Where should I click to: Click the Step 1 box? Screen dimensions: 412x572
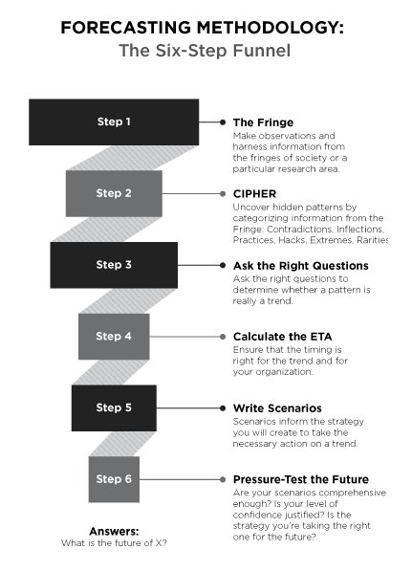click(x=114, y=121)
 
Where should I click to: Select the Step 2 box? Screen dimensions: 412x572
click(x=114, y=193)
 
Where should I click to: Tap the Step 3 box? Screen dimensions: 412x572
click(x=114, y=265)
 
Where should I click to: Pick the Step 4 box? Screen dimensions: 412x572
click(x=114, y=337)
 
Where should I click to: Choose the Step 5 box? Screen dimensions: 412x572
click(x=114, y=407)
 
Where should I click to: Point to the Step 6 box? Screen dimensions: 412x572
click(x=114, y=479)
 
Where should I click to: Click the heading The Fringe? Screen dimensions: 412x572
click(x=263, y=122)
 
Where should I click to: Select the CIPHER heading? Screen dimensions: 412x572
click(x=255, y=194)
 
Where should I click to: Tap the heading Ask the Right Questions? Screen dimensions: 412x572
click(x=301, y=266)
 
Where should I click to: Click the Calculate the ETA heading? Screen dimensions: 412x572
click(x=283, y=337)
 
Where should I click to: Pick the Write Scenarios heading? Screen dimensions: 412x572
click(x=277, y=407)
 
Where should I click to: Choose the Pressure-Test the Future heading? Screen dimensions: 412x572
click(x=301, y=479)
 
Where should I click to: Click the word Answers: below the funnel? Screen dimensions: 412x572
click(x=114, y=531)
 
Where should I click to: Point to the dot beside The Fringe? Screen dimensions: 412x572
click(x=223, y=122)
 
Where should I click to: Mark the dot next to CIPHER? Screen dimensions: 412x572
click(x=223, y=194)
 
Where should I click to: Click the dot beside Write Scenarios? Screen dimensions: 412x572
click(x=223, y=408)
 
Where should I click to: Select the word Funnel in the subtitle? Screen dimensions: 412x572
click(x=262, y=51)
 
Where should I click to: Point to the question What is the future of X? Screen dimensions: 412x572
click(x=114, y=542)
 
